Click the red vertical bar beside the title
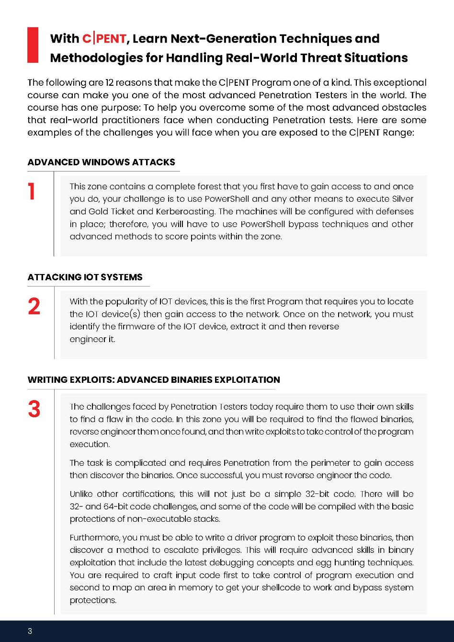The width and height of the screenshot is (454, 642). (33, 45)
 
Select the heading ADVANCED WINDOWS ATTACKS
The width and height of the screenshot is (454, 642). (102, 162)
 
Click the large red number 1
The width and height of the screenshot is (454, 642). (32, 192)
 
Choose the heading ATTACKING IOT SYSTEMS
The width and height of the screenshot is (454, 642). (85, 277)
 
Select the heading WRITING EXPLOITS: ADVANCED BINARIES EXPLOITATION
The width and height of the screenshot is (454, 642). (154, 380)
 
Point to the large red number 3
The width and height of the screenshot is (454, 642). (34, 410)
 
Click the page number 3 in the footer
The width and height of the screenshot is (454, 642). (30, 631)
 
